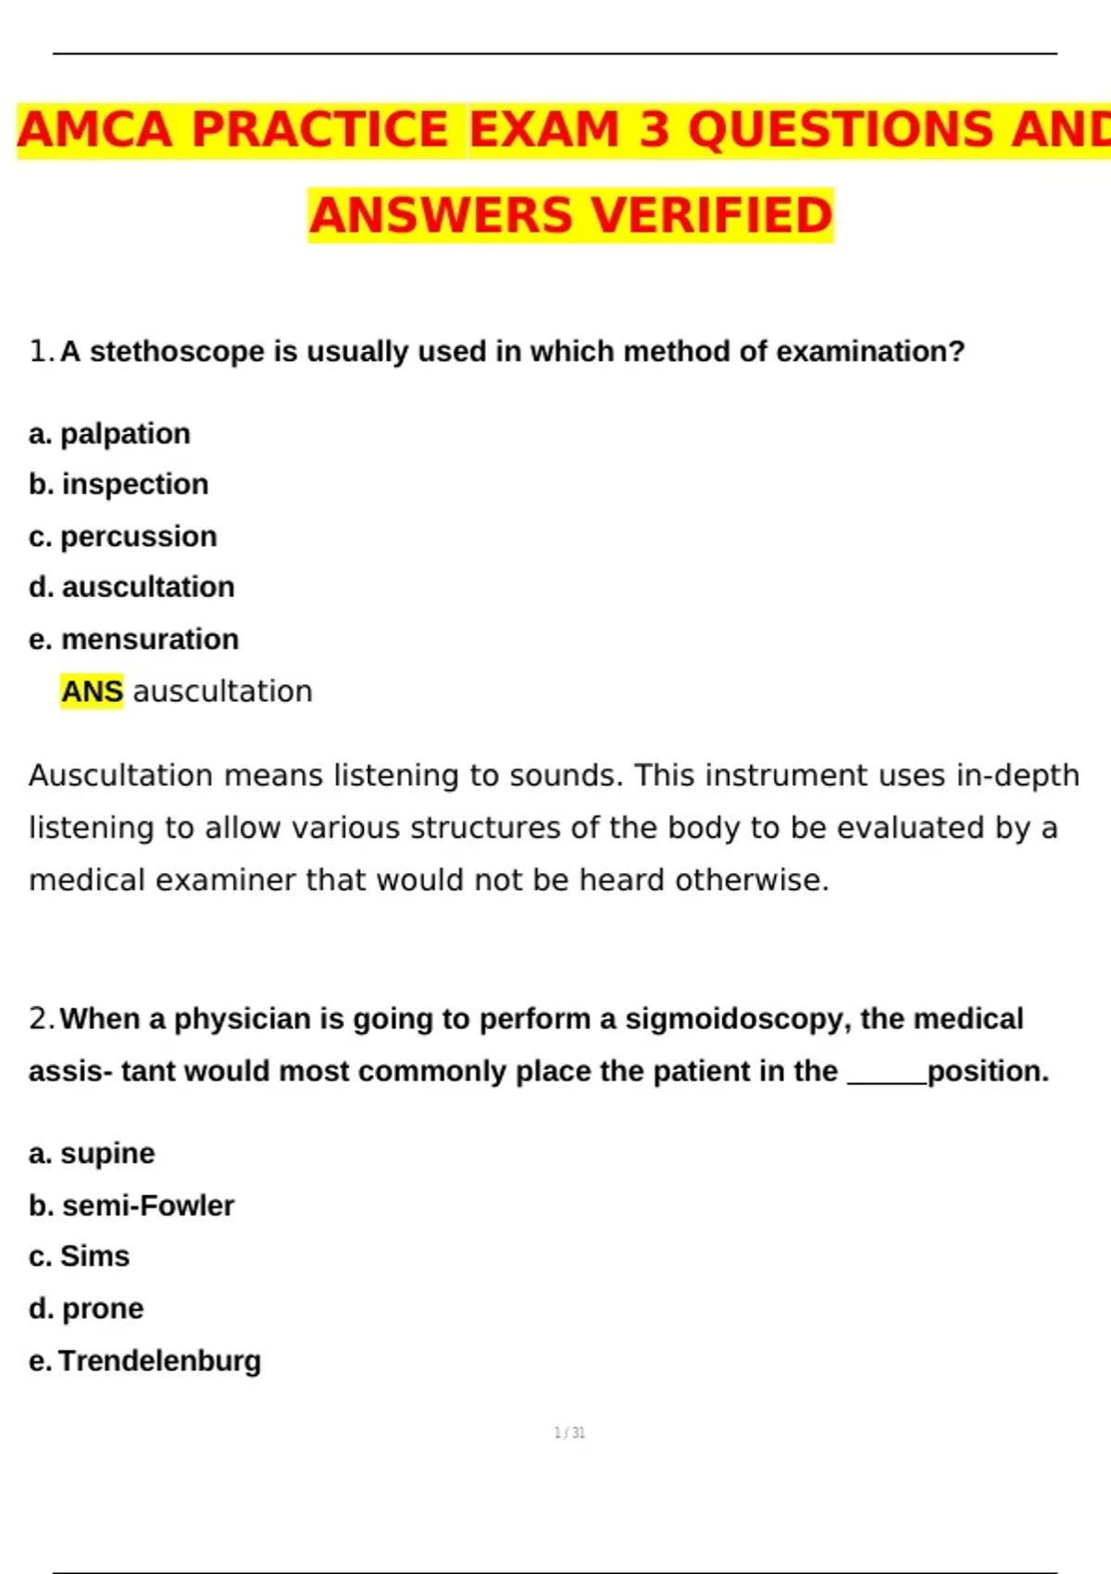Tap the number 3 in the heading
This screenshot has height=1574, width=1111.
point(654,130)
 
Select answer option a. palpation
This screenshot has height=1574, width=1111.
point(110,433)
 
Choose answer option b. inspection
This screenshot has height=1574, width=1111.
point(119,484)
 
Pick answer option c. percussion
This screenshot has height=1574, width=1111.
point(123,536)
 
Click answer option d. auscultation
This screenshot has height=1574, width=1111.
point(131,587)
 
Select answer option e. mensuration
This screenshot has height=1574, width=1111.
point(134,639)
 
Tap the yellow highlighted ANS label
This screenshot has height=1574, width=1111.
point(92,691)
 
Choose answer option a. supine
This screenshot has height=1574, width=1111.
point(92,1154)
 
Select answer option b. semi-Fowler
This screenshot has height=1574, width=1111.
point(131,1205)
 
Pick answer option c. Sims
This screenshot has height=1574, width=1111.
point(80,1256)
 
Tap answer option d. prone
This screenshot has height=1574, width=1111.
point(86,1308)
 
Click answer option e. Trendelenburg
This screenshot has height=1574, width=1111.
point(145,1361)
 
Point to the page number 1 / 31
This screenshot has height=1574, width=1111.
point(569,1432)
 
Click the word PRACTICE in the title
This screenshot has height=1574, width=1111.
point(320,130)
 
